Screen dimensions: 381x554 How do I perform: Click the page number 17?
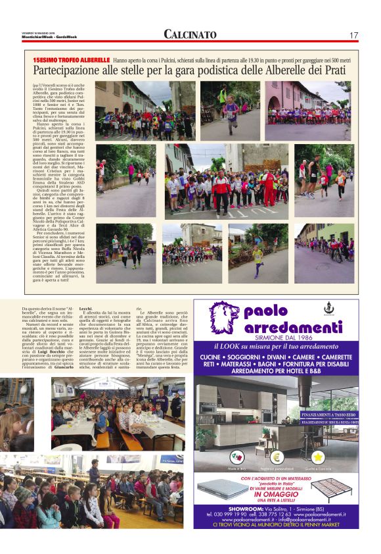point(353,35)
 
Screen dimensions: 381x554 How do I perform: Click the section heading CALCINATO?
point(190,34)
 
